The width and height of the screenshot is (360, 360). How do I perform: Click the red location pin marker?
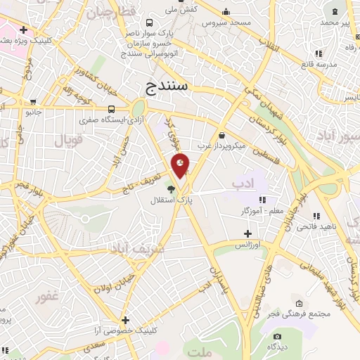(181, 165)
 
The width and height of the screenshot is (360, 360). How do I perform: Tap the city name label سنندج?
(167, 86)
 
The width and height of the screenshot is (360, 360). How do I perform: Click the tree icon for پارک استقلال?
(171, 188)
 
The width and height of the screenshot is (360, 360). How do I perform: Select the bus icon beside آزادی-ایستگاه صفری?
(112, 109)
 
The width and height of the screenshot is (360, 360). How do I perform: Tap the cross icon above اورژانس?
(247, 233)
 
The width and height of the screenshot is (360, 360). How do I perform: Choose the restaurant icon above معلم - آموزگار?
(262, 200)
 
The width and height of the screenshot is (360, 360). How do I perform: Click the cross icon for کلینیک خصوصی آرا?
(125, 320)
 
